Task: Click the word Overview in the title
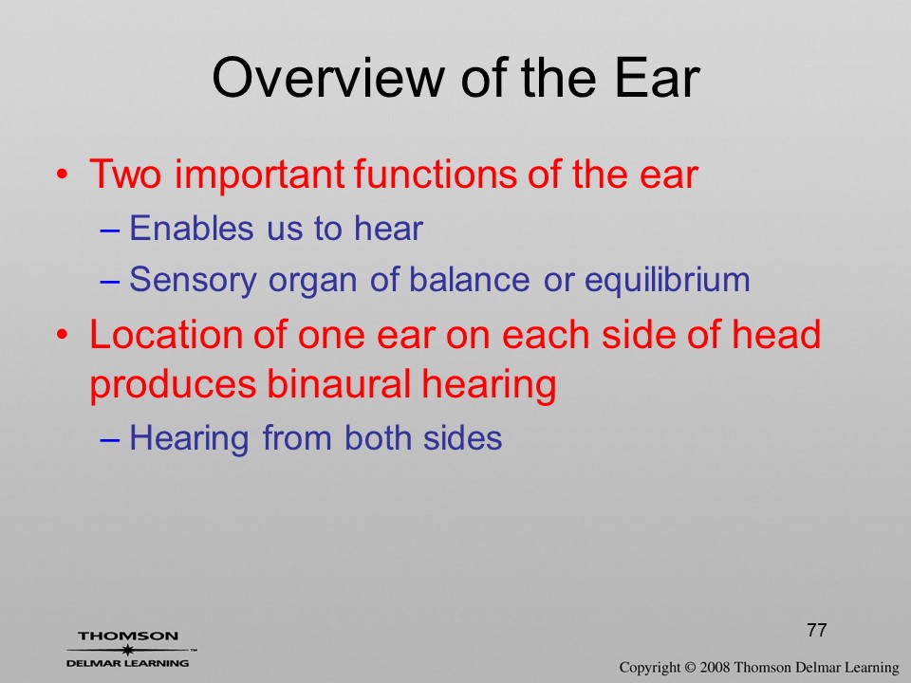tap(327, 78)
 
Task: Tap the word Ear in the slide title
tap(657, 78)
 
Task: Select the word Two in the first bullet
tap(125, 174)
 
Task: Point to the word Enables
tap(191, 228)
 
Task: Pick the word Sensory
tap(193, 281)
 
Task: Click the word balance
tap(470, 279)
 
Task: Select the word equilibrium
tap(667, 281)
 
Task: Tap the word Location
tap(188, 335)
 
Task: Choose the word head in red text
tap(775, 335)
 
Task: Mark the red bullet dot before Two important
tap(63, 174)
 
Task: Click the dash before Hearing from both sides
tap(110, 439)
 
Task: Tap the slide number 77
tap(816, 630)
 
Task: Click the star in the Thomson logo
tap(127, 650)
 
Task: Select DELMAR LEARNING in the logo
tap(128, 663)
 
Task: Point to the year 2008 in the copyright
tap(715, 667)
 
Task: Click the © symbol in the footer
tap(690, 667)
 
